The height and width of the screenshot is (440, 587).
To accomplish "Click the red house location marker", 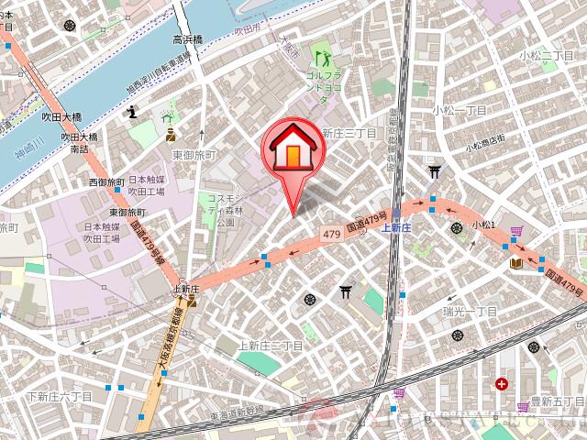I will click(291, 148).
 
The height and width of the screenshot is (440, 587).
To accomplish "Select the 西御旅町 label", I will click(104, 183).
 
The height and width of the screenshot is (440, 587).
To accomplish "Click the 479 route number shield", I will click(331, 236).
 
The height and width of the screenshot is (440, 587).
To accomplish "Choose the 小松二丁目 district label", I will click(547, 57).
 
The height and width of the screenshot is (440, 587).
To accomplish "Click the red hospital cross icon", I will click(502, 383).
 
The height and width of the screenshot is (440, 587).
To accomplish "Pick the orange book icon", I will click(516, 264).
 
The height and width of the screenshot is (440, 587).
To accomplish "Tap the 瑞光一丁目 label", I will click(469, 312).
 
